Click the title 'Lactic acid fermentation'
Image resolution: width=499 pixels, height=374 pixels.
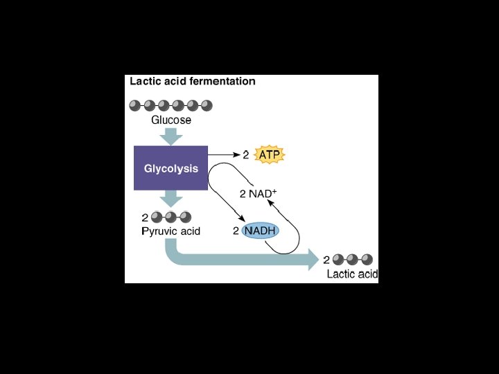(193, 81)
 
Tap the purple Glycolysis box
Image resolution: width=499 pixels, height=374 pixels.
(170, 168)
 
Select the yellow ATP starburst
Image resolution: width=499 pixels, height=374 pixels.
(270, 155)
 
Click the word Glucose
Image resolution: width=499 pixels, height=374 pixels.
(171, 120)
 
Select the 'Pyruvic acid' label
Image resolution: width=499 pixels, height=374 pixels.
(170, 231)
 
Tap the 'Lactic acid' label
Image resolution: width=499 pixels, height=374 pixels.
(352, 274)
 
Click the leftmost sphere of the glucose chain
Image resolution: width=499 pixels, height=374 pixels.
(134, 105)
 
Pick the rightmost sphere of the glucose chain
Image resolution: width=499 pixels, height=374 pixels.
(207, 105)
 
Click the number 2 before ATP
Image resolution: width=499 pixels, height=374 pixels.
(245, 155)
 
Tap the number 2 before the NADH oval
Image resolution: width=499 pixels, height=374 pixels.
(236, 230)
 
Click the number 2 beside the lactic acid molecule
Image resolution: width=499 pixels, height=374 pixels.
(326, 260)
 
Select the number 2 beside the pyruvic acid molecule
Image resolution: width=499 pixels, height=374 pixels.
(144, 217)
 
